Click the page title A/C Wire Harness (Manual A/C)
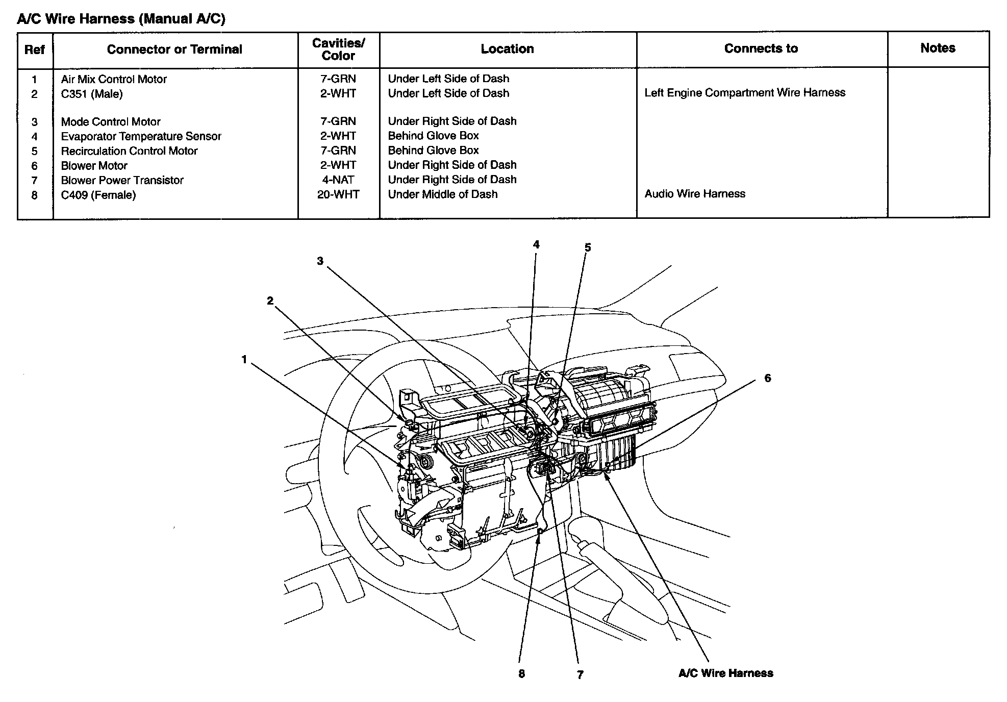121,19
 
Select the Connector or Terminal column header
174,49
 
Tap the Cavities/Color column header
338,49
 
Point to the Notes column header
938,48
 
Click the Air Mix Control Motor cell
114,79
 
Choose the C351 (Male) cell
92,94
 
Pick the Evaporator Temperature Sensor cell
141,136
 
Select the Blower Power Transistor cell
122,180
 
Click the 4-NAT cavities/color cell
338,180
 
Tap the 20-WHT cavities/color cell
338,194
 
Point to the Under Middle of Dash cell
442,194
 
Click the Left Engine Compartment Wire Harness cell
745,93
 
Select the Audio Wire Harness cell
695,194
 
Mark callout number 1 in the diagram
244,360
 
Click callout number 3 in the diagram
320,261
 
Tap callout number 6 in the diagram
767,378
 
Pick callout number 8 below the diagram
521,674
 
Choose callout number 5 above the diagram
588,248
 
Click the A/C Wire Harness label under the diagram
725,673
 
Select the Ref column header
35,49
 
